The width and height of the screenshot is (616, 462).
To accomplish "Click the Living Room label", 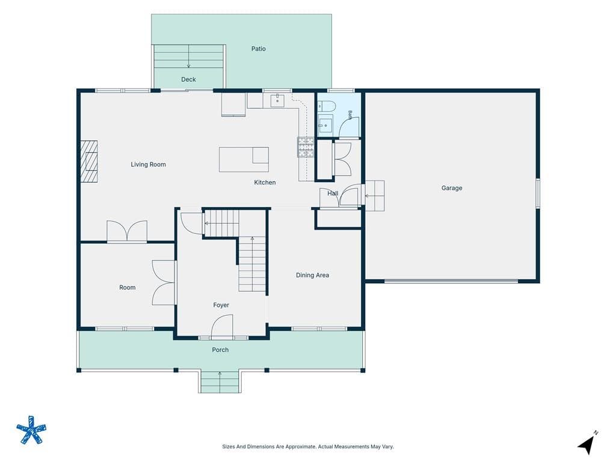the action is coord(148,164).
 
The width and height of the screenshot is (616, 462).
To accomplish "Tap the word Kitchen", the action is coord(265,182).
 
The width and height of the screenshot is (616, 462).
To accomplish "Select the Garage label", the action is coord(451,188).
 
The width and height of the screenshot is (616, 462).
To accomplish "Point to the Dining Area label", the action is coord(312,275).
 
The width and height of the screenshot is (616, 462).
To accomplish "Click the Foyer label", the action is coord(221,305).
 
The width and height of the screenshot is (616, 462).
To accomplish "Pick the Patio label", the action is coord(259,49).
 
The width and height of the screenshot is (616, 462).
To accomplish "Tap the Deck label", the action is coord(188,79).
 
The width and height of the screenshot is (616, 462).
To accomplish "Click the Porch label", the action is coord(220,350).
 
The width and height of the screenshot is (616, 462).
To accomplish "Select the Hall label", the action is coord(333,193).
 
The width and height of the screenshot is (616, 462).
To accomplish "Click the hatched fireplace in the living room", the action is coord(89,161).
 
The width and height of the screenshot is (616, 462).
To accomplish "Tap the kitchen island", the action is coord(244,159).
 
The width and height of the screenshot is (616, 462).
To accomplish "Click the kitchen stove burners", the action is coord(305,147).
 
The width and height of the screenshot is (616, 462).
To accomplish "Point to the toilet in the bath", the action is coord(327,106).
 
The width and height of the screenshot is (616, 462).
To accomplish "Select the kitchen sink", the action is coord(277,100).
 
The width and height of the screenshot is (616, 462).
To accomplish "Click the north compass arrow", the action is coord(587,445).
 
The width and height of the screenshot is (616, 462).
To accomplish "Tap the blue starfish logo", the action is coord(31,430).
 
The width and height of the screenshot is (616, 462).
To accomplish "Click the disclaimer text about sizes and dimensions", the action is coord(308,446).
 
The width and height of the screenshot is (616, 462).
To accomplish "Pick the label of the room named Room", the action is coord(128,288).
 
